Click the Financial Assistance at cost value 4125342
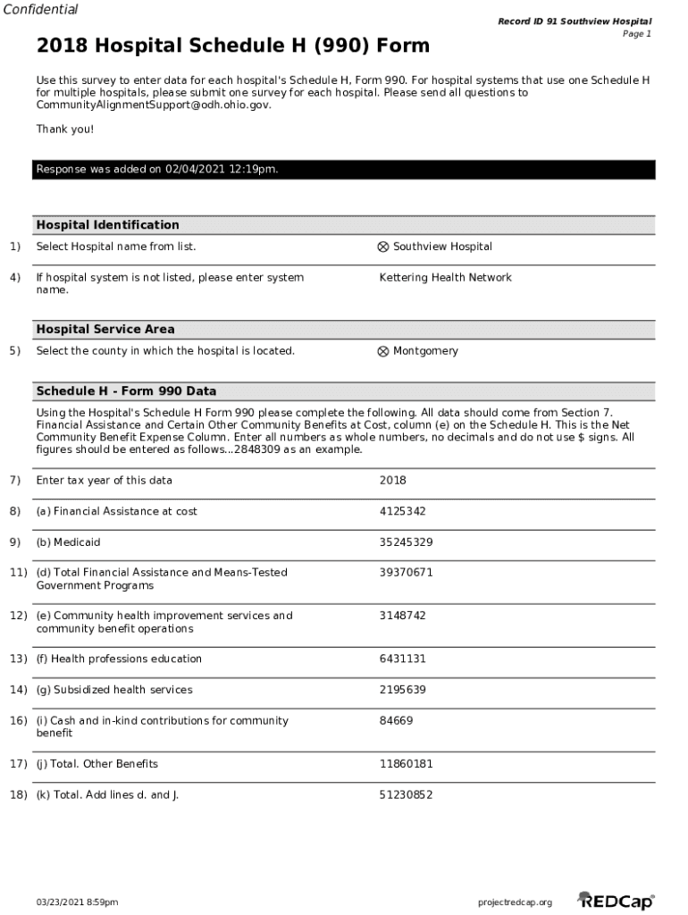click(402, 511)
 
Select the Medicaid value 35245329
click(406, 542)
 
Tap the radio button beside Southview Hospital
click(383, 248)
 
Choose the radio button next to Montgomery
click(383, 352)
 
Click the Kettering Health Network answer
click(445, 278)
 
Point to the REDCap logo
click(616, 901)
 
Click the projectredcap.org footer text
click(515, 902)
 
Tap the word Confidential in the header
click(39, 10)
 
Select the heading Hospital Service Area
click(105, 330)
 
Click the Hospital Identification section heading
click(107, 225)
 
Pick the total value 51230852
click(406, 794)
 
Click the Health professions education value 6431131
click(402, 659)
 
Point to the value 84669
click(396, 720)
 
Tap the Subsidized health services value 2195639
click(402, 690)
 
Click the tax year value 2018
click(392, 481)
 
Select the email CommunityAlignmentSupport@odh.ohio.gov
click(153, 105)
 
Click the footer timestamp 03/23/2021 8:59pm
click(77, 902)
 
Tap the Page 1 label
click(636, 34)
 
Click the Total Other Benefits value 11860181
click(406, 764)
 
